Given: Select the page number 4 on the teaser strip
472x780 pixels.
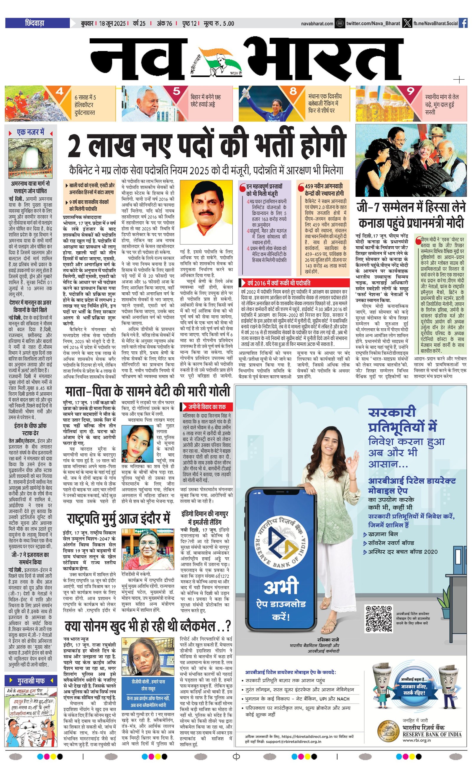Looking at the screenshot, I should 60,91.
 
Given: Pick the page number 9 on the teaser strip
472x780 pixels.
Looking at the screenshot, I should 411,91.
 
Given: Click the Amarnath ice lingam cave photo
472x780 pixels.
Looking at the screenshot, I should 30,158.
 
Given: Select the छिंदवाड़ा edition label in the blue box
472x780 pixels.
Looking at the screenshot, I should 35,23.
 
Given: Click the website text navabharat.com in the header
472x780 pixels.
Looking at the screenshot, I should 317,23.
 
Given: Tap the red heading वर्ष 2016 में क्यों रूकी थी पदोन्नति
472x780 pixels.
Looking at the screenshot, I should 278,283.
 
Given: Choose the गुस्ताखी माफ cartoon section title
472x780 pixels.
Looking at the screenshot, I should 31,680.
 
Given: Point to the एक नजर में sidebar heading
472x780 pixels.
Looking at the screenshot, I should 30,132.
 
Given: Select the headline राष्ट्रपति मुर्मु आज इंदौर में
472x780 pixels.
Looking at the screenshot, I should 119,518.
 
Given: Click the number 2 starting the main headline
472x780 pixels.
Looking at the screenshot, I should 75,145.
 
